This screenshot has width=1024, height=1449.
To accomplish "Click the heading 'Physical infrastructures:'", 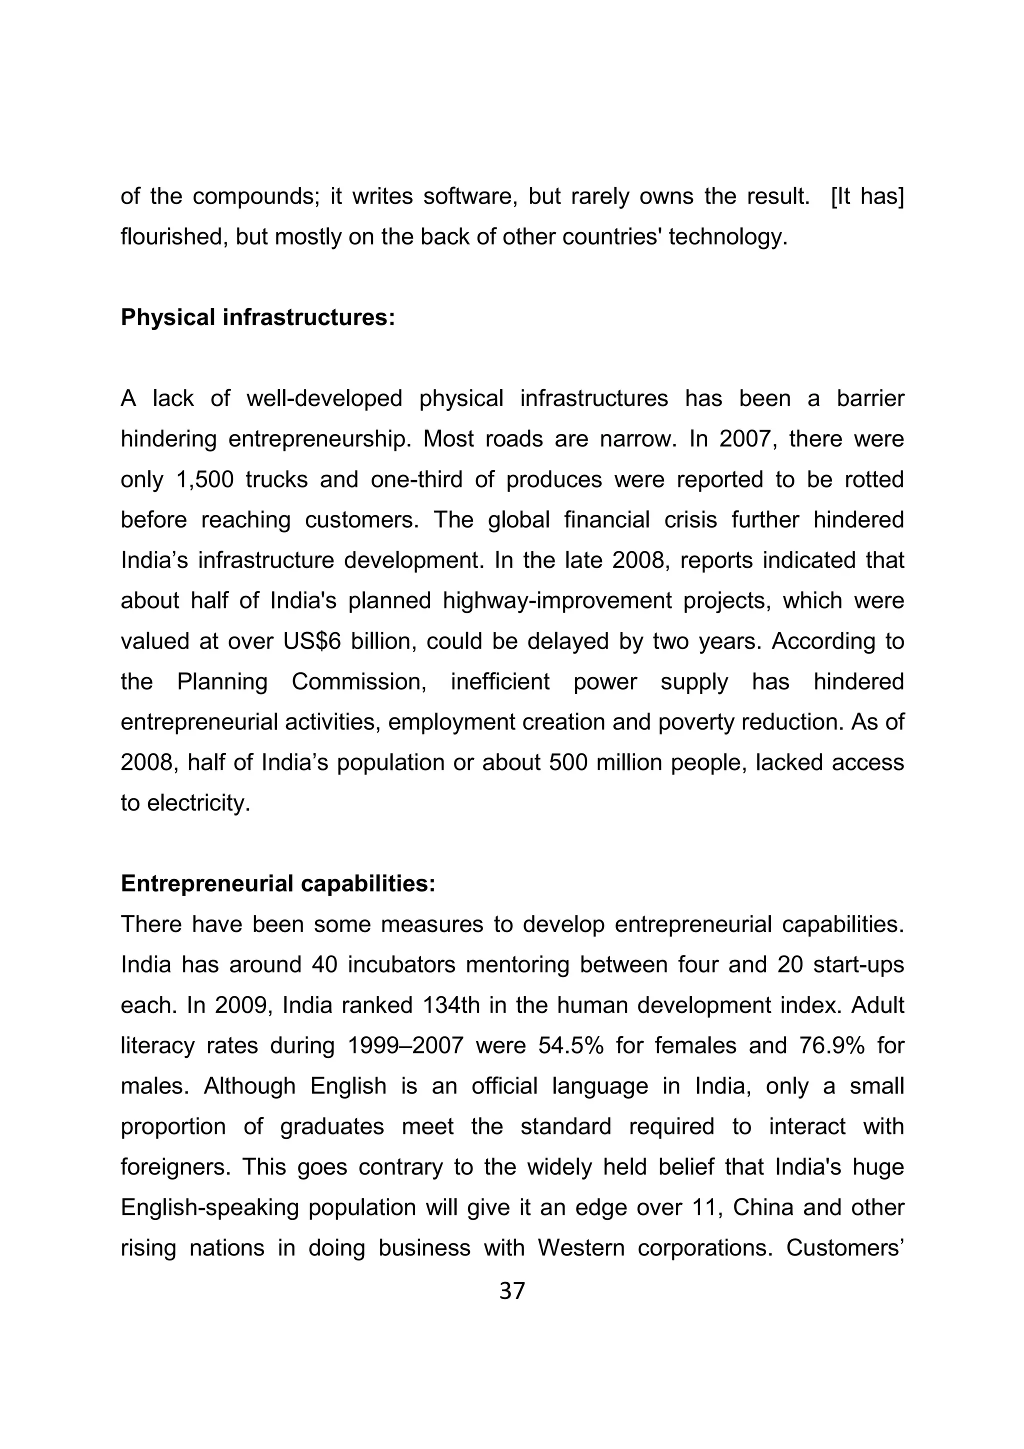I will (x=257, y=318).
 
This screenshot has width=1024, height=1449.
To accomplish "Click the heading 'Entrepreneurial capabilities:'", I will (x=277, y=883).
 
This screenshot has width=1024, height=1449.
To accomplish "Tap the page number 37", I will (x=511, y=1291).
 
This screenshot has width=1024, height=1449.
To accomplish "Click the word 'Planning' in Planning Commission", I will (x=222, y=681).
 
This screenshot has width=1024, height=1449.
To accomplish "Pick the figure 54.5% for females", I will (x=571, y=1045).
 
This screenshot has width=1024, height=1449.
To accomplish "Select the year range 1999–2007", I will (x=405, y=1045).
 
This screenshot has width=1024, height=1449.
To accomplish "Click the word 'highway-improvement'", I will (x=557, y=601).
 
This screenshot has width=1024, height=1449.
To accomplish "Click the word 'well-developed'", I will (x=324, y=399).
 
